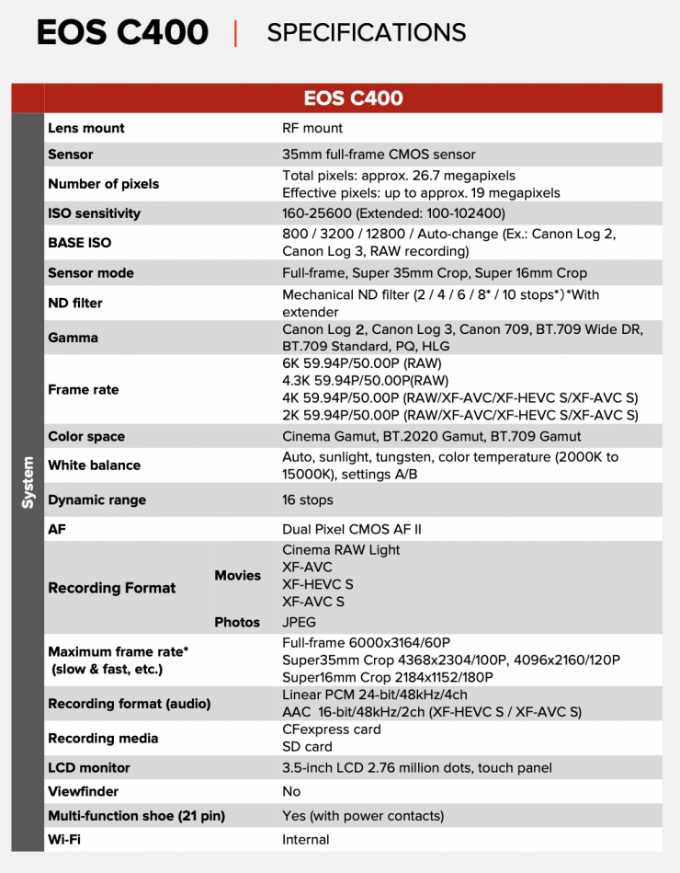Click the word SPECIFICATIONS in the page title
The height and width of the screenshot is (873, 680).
(366, 33)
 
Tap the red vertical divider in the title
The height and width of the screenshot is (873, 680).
(236, 33)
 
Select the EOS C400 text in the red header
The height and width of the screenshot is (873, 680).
(353, 98)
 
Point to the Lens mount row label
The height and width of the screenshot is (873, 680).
(85, 128)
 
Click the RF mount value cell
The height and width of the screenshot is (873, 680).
(312, 128)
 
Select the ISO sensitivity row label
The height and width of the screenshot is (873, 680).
(94, 213)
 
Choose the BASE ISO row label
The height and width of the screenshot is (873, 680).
(79, 243)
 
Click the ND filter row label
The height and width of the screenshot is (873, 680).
(75, 303)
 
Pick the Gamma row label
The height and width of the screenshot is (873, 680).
(74, 338)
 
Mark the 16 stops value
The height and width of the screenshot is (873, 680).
(308, 500)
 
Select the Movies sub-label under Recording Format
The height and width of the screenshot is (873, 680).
(237, 575)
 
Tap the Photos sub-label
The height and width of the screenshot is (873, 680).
(237, 622)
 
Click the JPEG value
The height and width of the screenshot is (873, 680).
(299, 622)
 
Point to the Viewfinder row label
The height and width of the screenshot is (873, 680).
(83, 791)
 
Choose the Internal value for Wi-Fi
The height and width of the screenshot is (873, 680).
(306, 839)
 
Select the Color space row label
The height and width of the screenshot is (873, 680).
(86, 436)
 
